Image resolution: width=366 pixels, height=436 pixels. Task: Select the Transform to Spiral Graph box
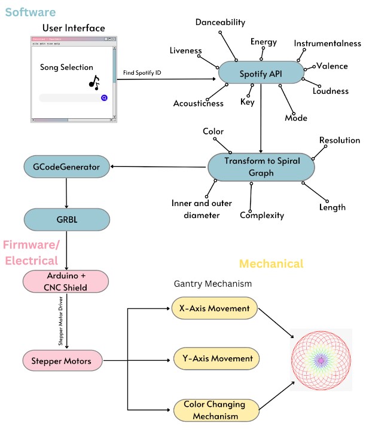pos(261,166)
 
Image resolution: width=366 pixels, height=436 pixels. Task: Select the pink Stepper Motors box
pos(62,360)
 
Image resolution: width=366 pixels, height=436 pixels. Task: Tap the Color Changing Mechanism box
pos(216,410)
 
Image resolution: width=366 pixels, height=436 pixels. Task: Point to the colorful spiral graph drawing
pos(321,360)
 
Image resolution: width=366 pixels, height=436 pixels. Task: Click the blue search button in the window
pos(104,97)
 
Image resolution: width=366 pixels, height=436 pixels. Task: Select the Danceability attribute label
pos(220,22)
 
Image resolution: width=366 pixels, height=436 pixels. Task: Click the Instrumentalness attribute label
pos(327,44)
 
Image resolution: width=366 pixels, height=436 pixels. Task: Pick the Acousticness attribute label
pos(197,103)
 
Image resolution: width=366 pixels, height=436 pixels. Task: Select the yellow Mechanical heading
pos(271,263)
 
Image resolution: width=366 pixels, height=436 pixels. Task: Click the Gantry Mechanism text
pos(212,284)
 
